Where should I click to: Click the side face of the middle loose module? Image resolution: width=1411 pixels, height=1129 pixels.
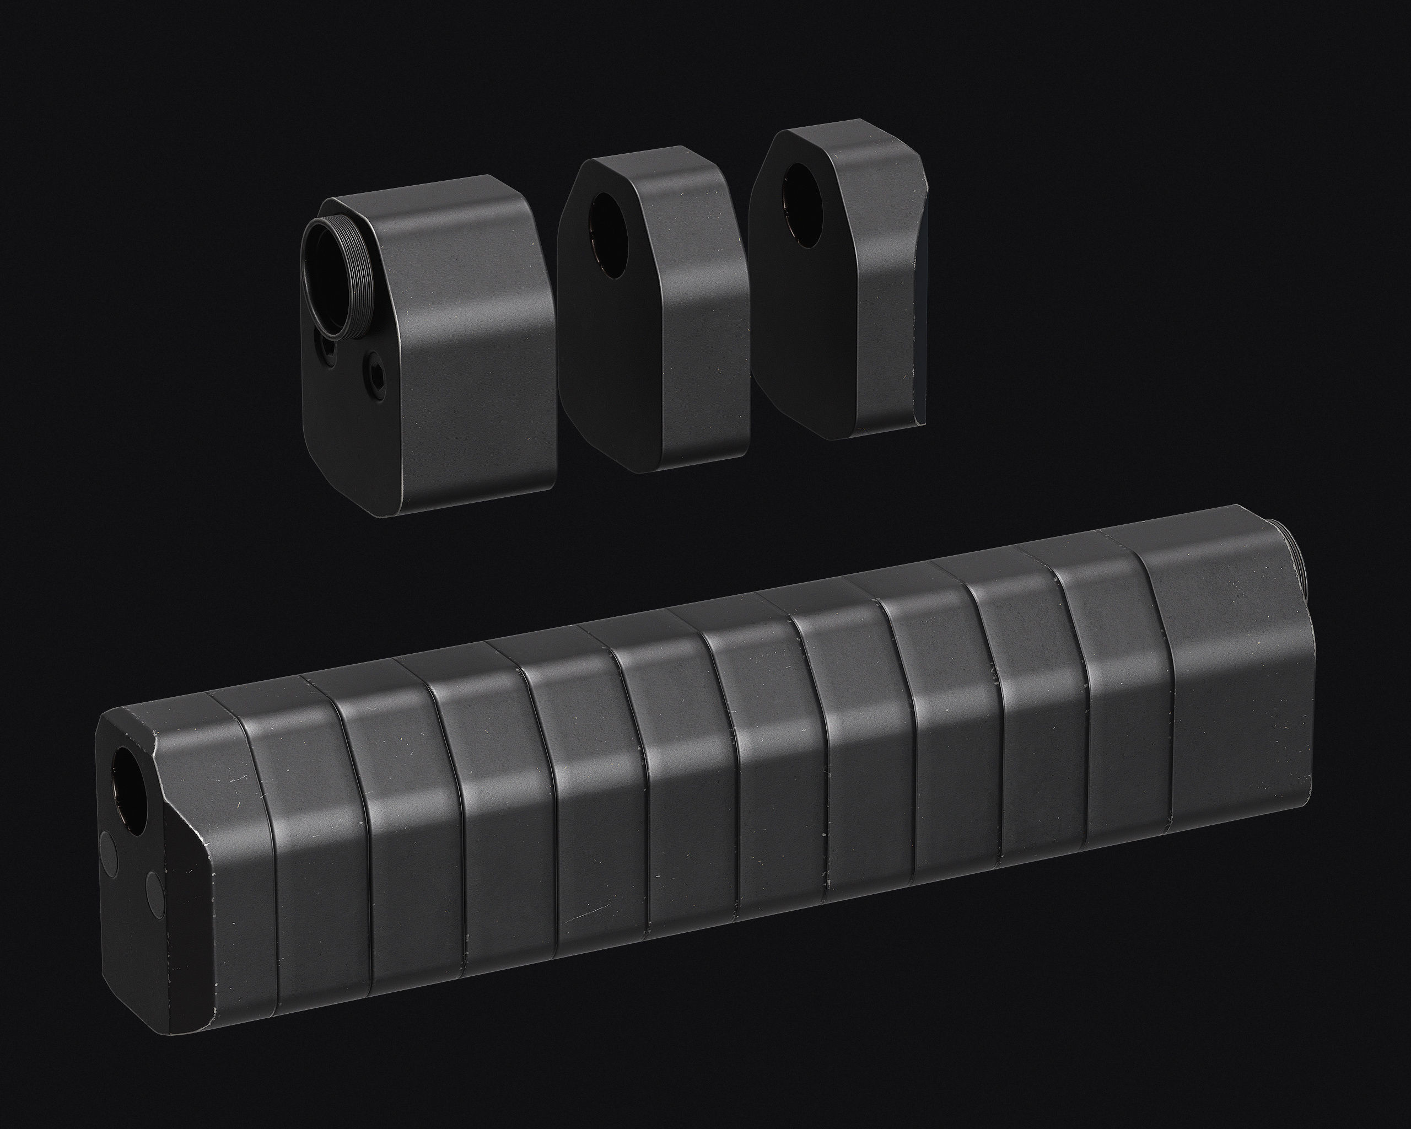[703, 340]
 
